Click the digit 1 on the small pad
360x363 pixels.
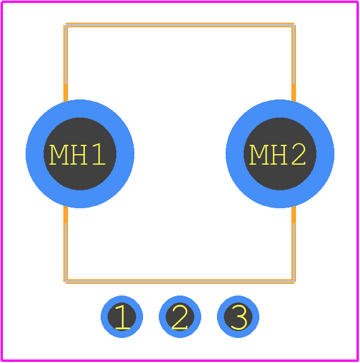coord(122,316)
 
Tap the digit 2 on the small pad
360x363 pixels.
coord(180,316)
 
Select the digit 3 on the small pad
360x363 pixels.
coord(238,316)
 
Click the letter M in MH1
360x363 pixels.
coord(58,154)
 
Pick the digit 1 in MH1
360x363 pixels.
coord(99,154)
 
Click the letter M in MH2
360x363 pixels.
coord(258,154)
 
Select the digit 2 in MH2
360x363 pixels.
coord(299,154)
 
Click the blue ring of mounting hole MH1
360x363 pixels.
coord(35,154)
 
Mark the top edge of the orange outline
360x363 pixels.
coord(180,25)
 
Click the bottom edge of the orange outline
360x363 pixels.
coord(180,282)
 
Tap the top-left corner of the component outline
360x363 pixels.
coord(66,25)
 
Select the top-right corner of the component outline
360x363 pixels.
coord(294,25)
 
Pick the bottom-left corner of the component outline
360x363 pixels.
coord(66,282)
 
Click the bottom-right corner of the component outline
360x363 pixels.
coord(294,282)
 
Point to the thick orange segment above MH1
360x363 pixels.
coord(66,93)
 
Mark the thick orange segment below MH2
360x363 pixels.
coord(294,215)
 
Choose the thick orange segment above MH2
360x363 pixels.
coord(294,93)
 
